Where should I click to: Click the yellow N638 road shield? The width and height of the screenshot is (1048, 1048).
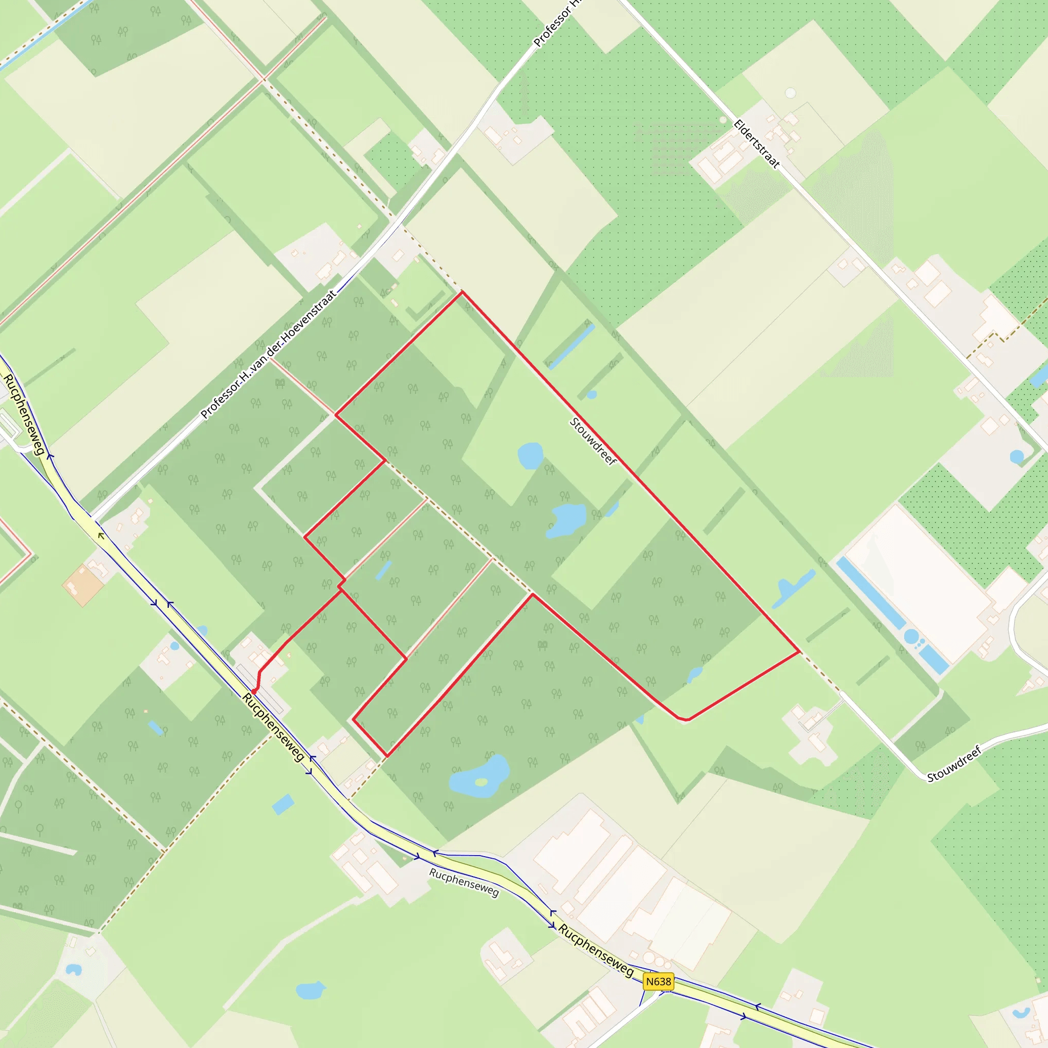(x=659, y=981)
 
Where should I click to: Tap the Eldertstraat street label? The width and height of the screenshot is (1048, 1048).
(x=756, y=144)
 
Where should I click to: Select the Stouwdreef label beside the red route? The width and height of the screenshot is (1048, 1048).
(x=593, y=441)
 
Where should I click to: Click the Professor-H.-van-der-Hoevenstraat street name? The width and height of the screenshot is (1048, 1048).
(x=268, y=355)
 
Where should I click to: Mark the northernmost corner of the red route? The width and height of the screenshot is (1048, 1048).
(x=462, y=292)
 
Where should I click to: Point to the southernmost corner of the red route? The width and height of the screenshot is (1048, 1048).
(x=387, y=756)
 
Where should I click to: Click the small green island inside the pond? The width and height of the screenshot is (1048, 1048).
(x=481, y=782)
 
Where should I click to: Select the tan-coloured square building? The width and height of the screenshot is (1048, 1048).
(x=83, y=586)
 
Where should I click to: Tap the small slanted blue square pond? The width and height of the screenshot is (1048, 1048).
(x=282, y=804)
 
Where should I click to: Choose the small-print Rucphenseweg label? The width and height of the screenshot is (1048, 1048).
(x=464, y=882)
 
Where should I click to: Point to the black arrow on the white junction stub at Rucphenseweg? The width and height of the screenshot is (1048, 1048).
(x=101, y=536)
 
